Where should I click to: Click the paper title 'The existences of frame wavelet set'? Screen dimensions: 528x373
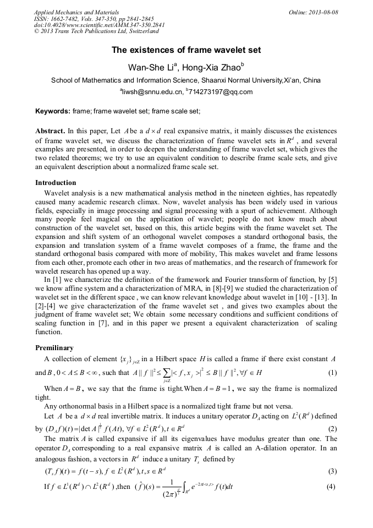pyautogui.click(x=186, y=50)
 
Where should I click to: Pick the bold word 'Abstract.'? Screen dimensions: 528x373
pyautogui.click(x=50, y=131)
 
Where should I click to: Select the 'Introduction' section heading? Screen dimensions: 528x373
pyautogui.click(x=56, y=182)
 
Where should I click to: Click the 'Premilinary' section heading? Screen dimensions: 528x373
pyautogui.click(x=54, y=348)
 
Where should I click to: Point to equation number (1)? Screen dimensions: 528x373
pyautogui.click(x=332, y=372)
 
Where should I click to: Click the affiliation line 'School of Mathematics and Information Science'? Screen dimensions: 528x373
pyautogui.click(x=186, y=80)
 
